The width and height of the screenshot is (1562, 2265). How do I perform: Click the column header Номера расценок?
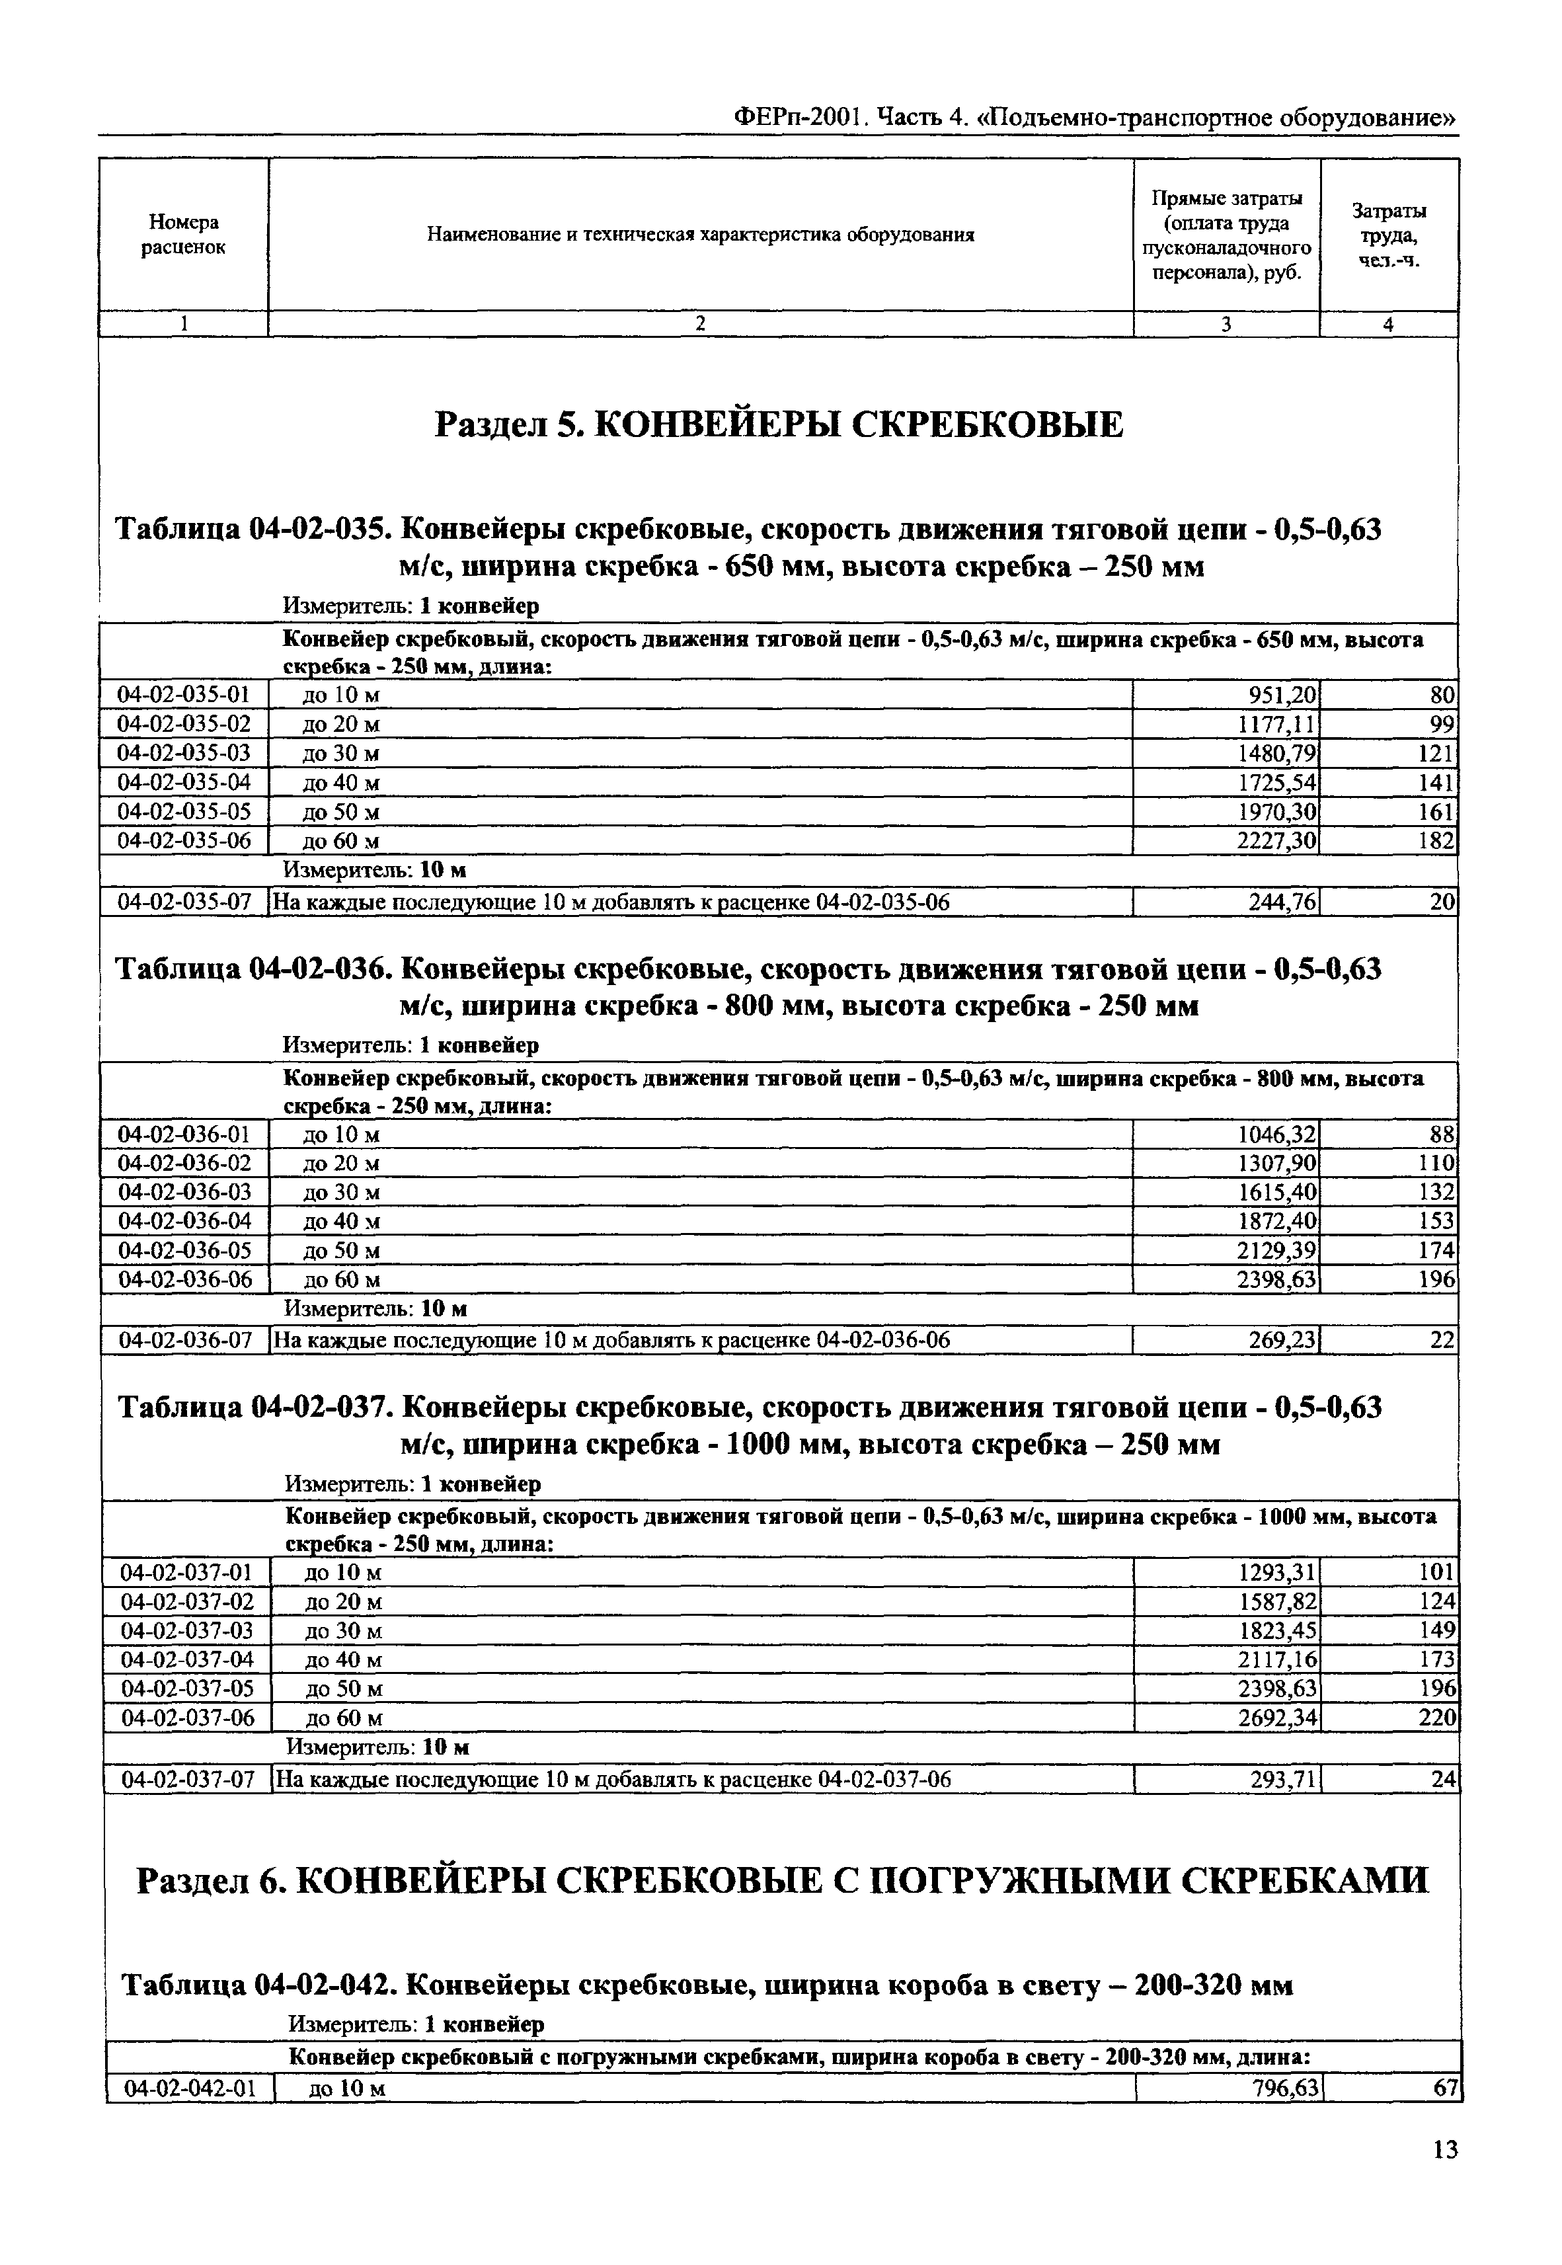(183, 235)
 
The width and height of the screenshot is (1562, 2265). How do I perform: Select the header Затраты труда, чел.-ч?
(1389, 235)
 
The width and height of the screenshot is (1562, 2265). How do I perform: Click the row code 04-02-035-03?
(184, 754)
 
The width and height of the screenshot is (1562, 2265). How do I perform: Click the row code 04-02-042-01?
(190, 2089)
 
